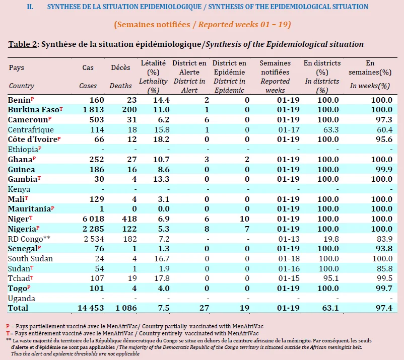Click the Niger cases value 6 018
pyautogui.click(x=93, y=219)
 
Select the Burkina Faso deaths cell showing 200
pyautogui.click(x=129, y=110)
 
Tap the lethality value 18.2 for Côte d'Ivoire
pyautogui.click(x=161, y=139)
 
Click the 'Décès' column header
pyautogui.click(x=120, y=67)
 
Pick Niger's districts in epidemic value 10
pyautogui.click(x=244, y=219)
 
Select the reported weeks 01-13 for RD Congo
pyautogui.click(x=289, y=239)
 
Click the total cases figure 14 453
pyautogui.click(x=91, y=308)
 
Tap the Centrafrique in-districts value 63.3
pyautogui.click(x=331, y=130)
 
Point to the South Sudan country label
pyautogui.click(x=30, y=258)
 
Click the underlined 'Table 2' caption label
pyautogui.click(x=23, y=44)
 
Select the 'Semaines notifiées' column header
pyautogui.click(x=275, y=67)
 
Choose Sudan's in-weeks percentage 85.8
pyautogui.click(x=384, y=268)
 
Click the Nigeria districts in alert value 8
pyautogui.click(x=207, y=229)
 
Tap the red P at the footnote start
pyautogui.click(x=8, y=326)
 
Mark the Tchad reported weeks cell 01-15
pyautogui.click(x=289, y=278)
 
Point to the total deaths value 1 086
pyautogui.click(x=126, y=308)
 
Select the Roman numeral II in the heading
pyautogui.click(x=30, y=7)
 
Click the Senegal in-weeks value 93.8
pyautogui.click(x=384, y=249)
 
